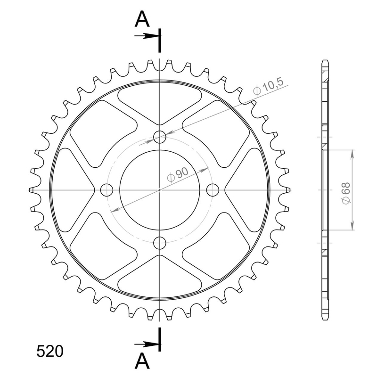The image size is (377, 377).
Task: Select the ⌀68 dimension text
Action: pyautogui.click(x=346, y=193)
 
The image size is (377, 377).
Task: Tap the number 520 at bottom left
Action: pyautogui.click(x=50, y=351)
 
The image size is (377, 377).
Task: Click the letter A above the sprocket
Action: pyautogui.click(x=142, y=19)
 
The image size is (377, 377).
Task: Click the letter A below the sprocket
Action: pyautogui.click(x=142, y=361)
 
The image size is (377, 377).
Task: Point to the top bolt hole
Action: pyautogui.click(x=160, y=137)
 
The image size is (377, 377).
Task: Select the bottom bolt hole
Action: pyautogui.click(x=160, y=243)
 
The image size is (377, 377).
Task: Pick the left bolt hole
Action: pyautogui.click(x=107, y=190)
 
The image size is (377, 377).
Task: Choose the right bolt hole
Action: pyautogui.click(x=213, y=190)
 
